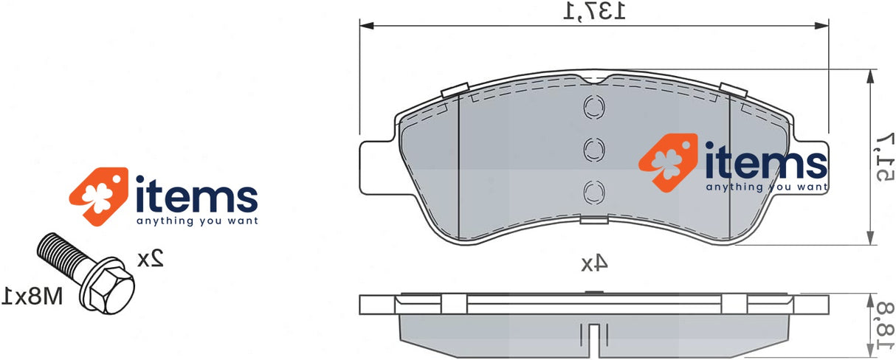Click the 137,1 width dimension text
[595, 11]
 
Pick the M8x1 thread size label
[32, 297]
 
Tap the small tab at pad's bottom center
[593, 220]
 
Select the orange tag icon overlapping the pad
[668, 163]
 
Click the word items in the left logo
[196, 197]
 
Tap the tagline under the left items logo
[196, 221]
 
